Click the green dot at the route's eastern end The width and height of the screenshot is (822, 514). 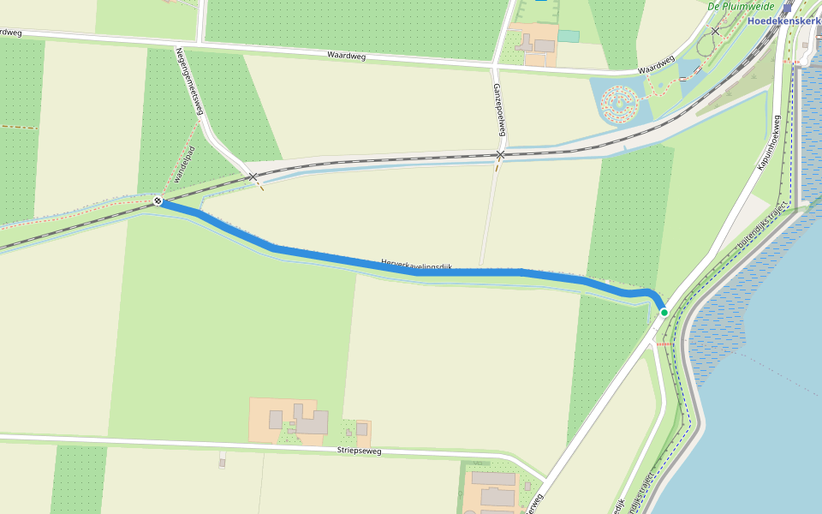point(664,312)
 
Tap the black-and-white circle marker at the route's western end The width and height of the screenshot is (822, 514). point(158,201)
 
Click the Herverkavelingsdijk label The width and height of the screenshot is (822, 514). point(416,266)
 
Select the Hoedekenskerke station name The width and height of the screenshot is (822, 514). point(784,21)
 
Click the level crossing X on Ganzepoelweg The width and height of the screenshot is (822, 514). point(501,154)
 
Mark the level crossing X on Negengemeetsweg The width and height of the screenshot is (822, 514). point(253,176)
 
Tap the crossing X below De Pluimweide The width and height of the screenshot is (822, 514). point(715,32)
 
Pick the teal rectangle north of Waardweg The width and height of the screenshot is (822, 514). point(569,36)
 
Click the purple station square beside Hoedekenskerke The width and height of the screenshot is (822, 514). point(786,6)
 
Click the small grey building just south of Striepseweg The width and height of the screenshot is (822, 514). point(222,463)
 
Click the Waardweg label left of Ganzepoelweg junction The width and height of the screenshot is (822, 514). point(347,56)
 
